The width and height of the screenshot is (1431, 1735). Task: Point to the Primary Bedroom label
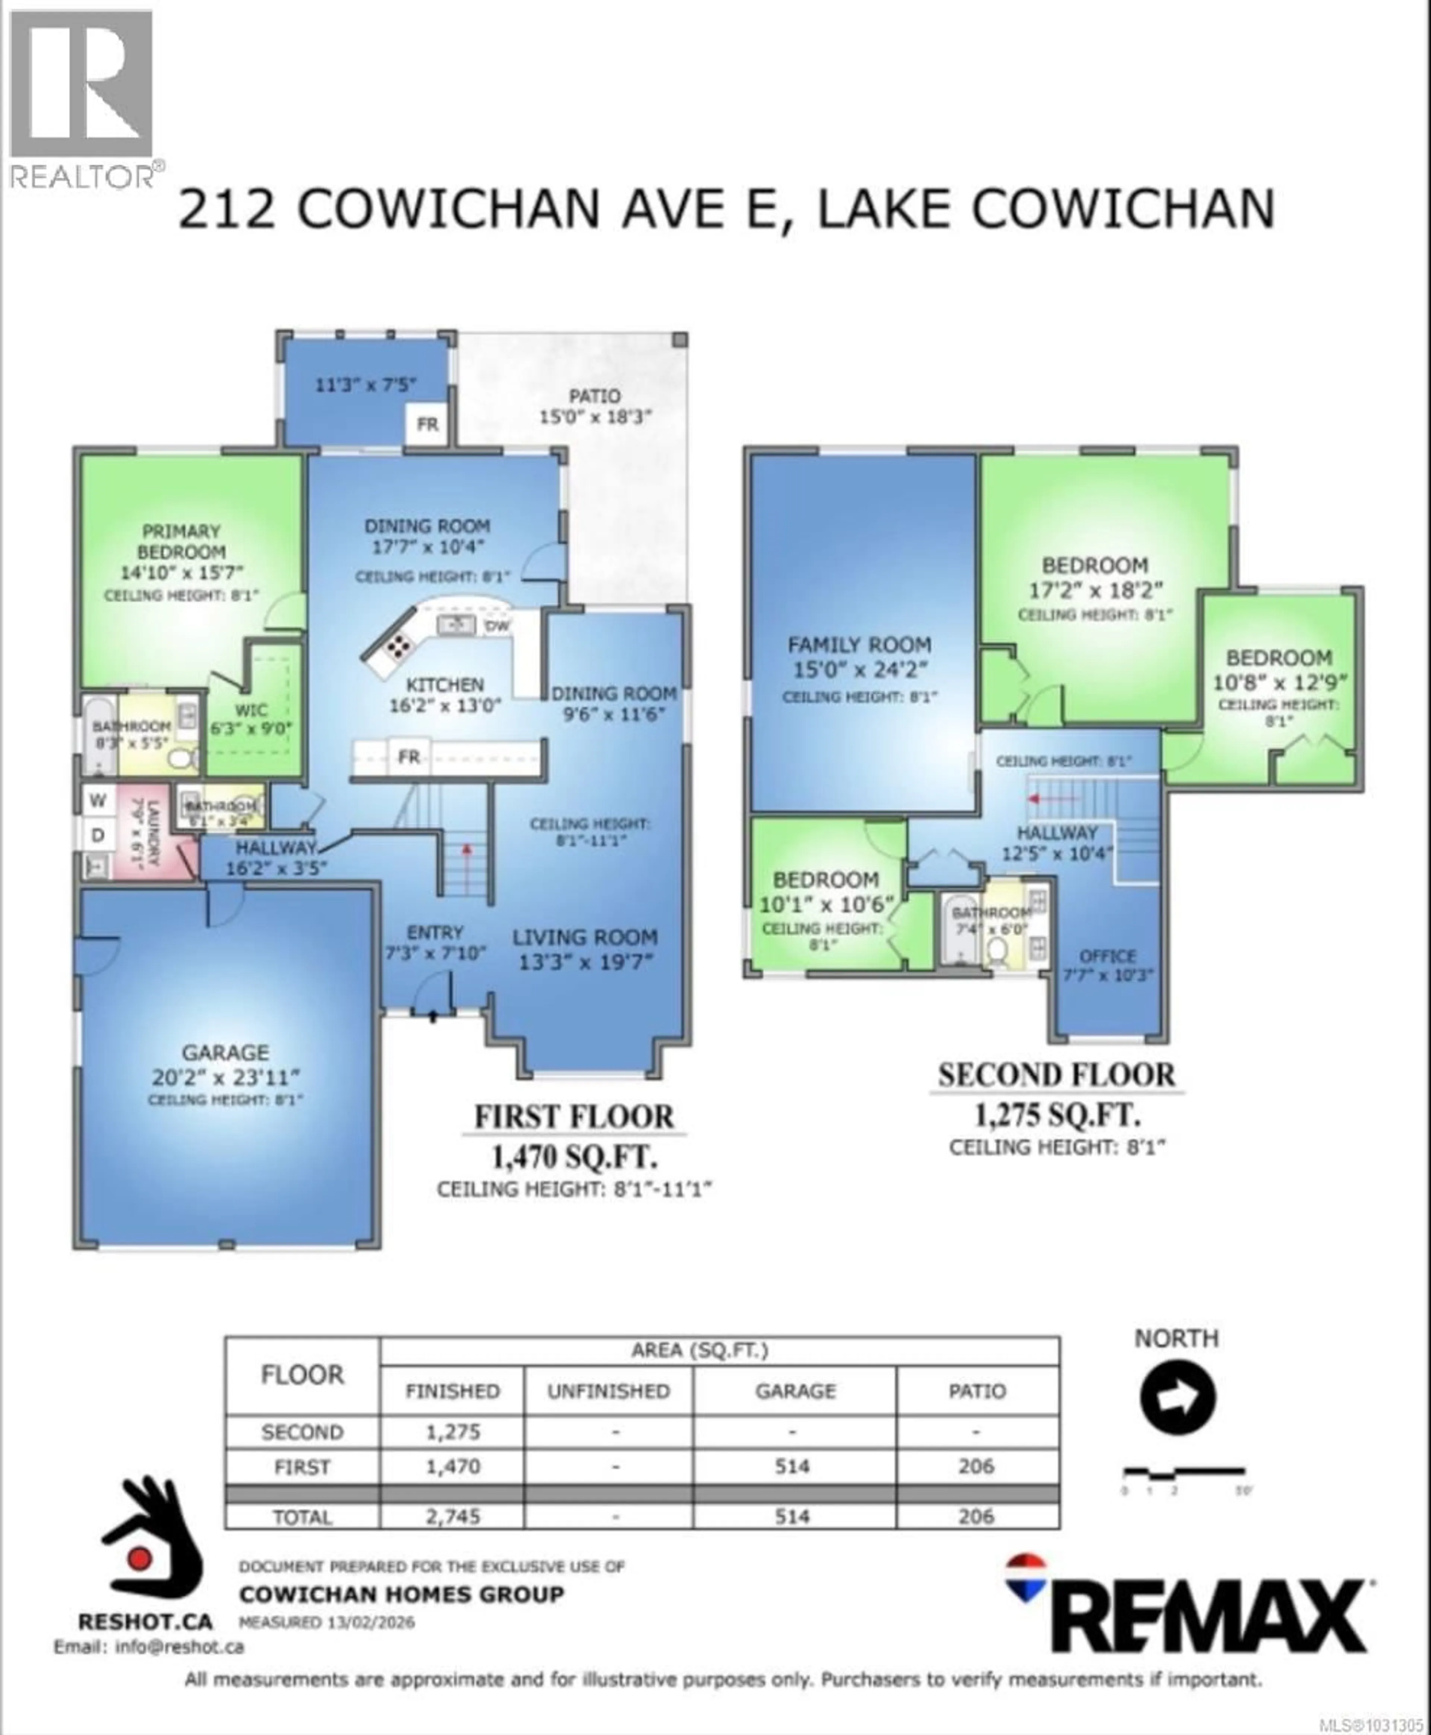point(180,542)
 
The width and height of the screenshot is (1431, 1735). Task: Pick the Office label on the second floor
point(1107,956)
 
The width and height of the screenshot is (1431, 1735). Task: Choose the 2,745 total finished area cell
point(452,1517)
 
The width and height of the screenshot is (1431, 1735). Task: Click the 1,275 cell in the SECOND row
point(452,1432)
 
